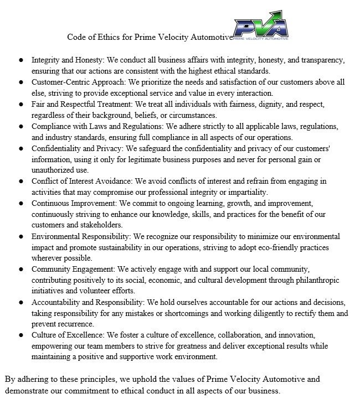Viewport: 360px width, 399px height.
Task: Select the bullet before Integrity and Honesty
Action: [x=20, y=59]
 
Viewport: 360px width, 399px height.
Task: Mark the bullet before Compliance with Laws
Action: [x=20, y=126]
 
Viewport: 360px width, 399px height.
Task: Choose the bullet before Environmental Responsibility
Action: [x=20, y=236]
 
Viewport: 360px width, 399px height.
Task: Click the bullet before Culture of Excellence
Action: [x=20, y=335]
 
